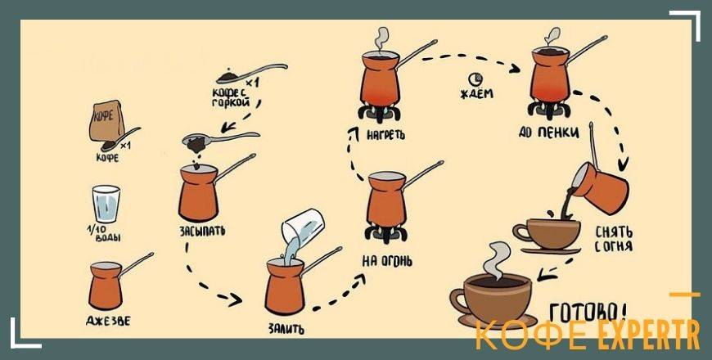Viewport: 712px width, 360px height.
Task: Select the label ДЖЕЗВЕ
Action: (x=106, y=320)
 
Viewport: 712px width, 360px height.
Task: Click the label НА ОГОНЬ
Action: (x=386, y=262)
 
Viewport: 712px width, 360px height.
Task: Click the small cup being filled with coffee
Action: (x=544, y=232)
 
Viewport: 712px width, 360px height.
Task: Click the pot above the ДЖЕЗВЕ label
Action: (x=108, y=282)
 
